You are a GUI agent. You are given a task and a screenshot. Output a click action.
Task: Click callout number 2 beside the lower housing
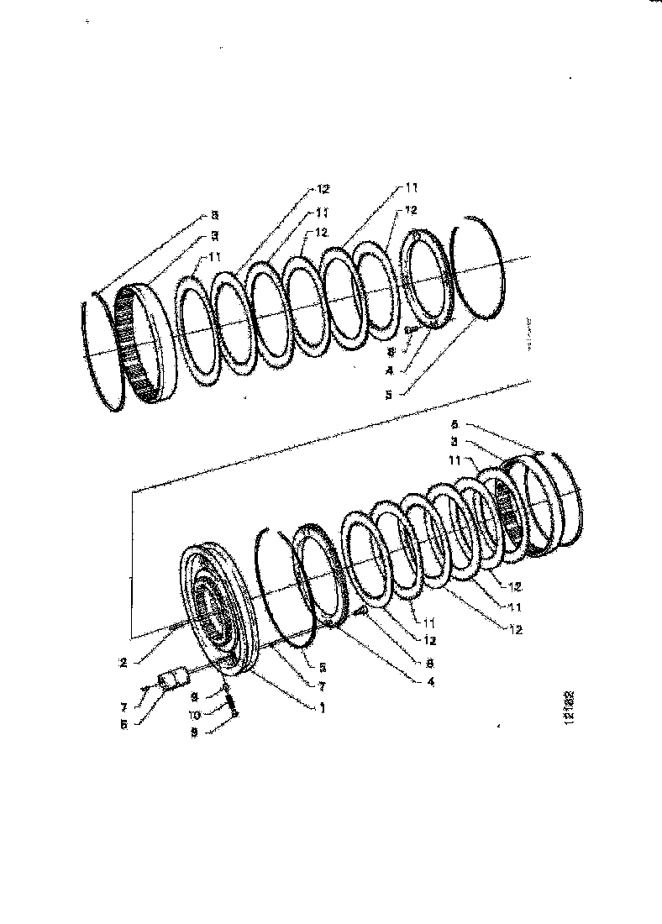(123, 662)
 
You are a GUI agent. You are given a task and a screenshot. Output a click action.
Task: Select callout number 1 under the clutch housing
(322, 708)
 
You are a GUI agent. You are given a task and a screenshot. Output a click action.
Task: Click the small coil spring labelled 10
(229, 701)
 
